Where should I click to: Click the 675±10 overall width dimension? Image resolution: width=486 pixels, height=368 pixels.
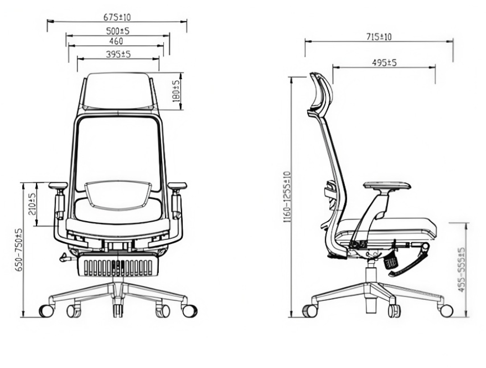click(117, 17)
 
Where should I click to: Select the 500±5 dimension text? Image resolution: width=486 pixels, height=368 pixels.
click(117, 30)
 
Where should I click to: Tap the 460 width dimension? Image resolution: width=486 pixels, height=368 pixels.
click(116, 40)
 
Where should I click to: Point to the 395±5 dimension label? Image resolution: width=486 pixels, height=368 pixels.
click(118, 54)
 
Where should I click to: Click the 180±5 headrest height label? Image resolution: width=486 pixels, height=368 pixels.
click(175, 91)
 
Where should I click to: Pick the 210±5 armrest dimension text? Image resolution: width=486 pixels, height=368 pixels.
click(32, 205)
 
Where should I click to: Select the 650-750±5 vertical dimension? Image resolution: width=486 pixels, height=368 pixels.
click(19, 250)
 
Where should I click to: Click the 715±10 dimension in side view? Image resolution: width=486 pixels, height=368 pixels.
click(379, 37)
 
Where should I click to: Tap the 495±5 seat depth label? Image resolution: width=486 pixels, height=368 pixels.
click(384, 63)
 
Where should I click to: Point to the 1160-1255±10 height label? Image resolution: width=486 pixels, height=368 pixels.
click(287, 197)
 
